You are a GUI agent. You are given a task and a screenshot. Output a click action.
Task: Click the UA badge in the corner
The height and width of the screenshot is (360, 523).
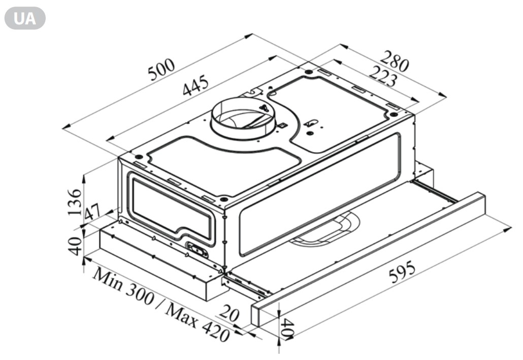click(25, 18)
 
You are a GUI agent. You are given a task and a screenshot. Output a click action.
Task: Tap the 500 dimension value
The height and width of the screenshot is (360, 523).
click(161, 70)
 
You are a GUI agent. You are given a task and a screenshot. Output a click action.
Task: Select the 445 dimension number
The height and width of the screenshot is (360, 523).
click(196, 85)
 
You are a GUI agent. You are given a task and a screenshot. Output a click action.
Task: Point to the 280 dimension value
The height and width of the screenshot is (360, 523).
click(395, 61)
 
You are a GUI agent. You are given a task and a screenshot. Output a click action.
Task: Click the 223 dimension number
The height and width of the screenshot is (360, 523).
click(383, 76)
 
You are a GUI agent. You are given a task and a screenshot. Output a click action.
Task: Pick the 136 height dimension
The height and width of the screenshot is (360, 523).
click(74, 202)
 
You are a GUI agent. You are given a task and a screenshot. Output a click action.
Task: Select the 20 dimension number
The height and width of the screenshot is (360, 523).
click(229, 314)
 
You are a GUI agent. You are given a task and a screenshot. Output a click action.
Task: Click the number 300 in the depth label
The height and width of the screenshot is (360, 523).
click(140, 294)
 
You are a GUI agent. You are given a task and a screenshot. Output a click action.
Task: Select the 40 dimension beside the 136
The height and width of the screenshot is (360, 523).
click(75, 246)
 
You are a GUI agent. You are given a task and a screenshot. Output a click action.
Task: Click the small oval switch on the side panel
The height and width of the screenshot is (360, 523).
click(197, 249)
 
